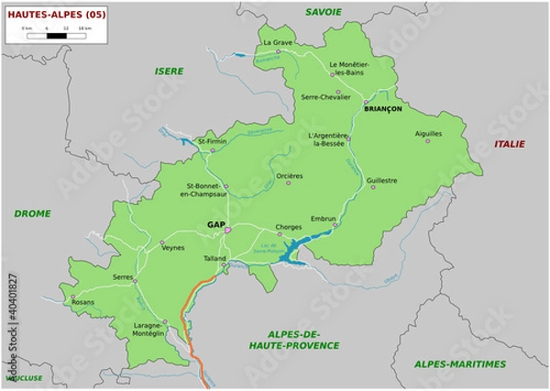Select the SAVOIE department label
[x=324, y=11]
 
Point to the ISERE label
[x=169, y=71]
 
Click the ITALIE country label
[x=511, y=144]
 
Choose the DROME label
[x=32, y=213]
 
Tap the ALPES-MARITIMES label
[x=460, y=363]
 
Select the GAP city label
[x=216, y=224]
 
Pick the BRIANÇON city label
[x=383, y=108]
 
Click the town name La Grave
[x=278, y=42]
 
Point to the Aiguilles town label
[x=428, y=133]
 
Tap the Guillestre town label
[x=381, y=181]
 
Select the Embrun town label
[x=324, y=218]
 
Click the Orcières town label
[x=289, y=175]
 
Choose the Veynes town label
[x=172, y=248]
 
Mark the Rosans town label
[x=82, y=301]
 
